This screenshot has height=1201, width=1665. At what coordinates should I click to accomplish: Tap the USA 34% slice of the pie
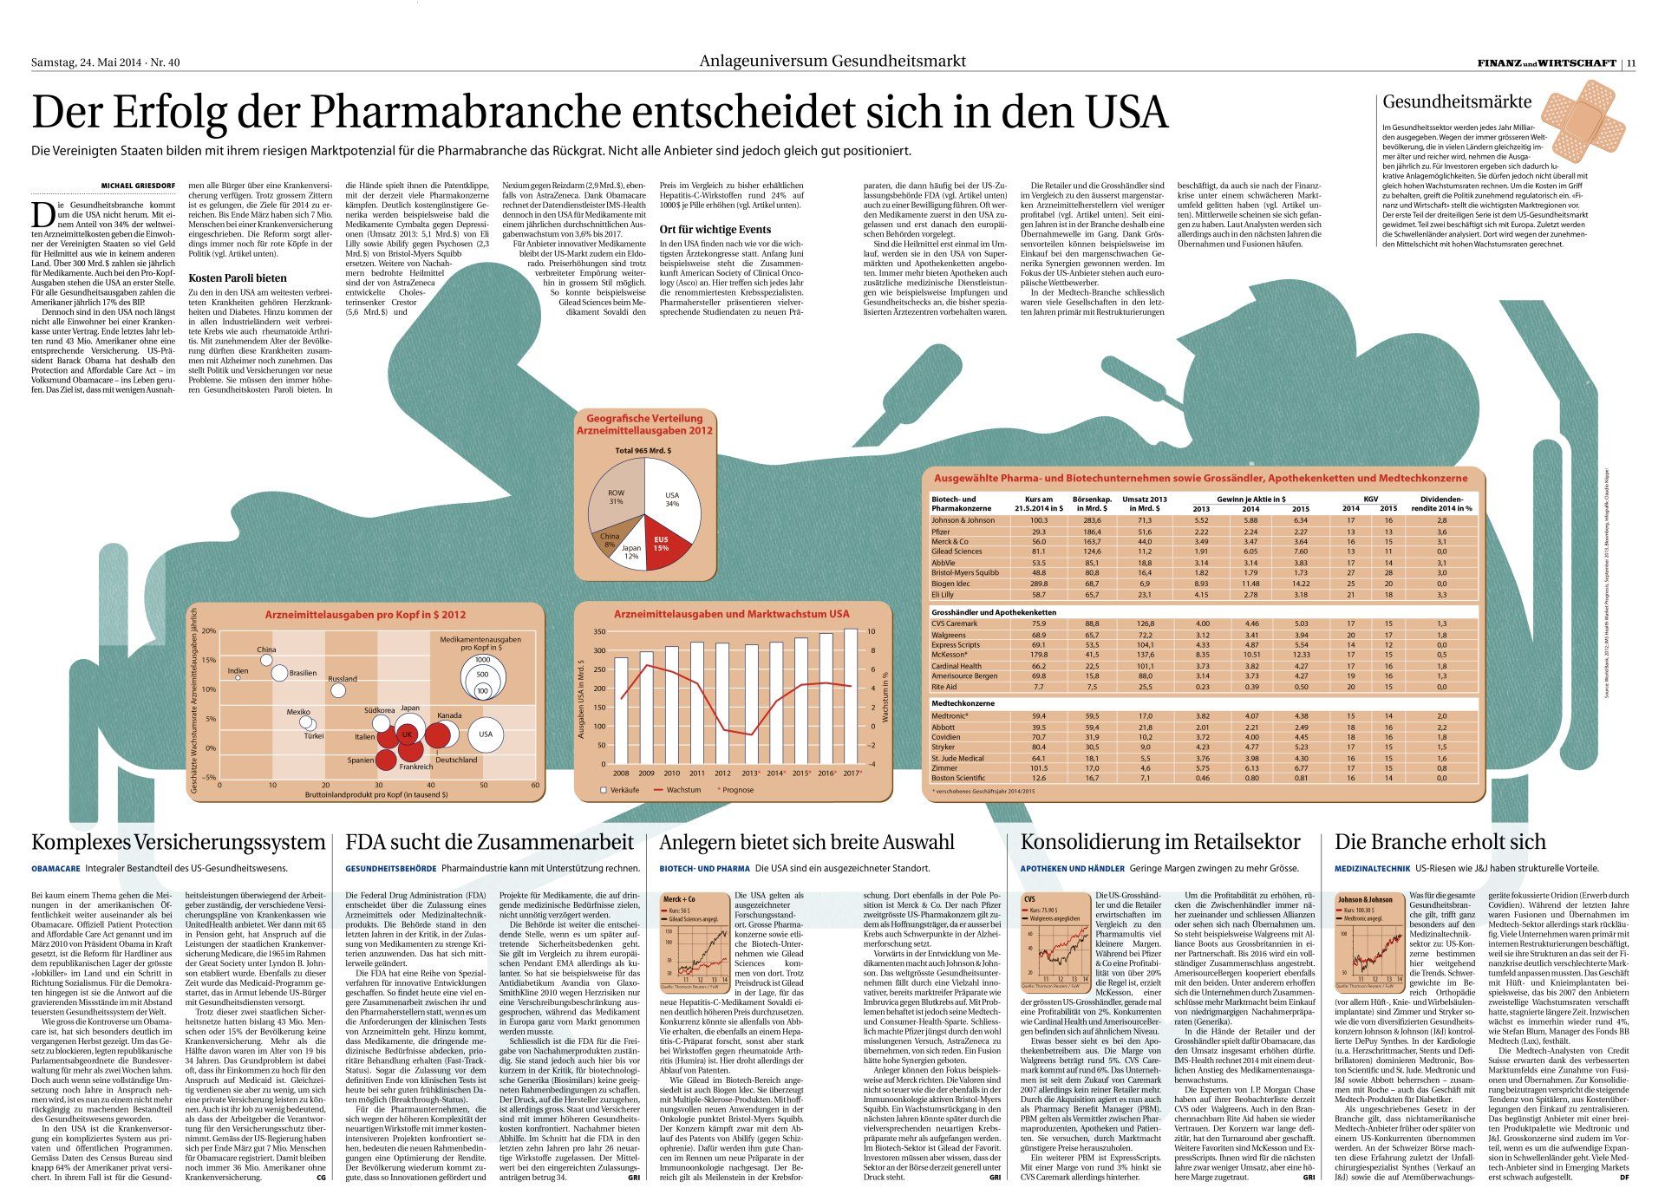pyautogui.click(x=674, y=499)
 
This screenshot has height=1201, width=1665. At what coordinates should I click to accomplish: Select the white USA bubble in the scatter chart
pyautogui.click(x=486, y=734)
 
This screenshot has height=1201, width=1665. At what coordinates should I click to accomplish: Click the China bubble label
pyautogui.click(x=266, y=649)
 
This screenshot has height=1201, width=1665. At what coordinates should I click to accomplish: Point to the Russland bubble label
pyautogui.click(x=343, y=679)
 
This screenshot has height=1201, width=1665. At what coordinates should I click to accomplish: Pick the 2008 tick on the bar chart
pyautogui.click(x=621, y=773)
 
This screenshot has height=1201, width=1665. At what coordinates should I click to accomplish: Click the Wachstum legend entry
pyautogui.click(x=683, y=790)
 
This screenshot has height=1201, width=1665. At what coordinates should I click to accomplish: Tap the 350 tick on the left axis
pyautogui.click(x=599, y=632)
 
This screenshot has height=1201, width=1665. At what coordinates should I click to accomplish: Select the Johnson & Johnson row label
pyautogui.click(x=963, y=520)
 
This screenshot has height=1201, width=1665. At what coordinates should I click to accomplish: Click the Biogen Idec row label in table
pyautogui.click(x=951, y=584)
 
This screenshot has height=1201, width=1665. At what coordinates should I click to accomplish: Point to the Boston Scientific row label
pyautogui.click(x=957, y=778)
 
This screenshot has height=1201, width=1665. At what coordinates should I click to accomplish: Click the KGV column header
pyautogui.click(x=1369, y=499)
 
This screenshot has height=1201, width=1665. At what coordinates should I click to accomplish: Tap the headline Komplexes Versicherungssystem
pyautogui.click(x=178, y=842)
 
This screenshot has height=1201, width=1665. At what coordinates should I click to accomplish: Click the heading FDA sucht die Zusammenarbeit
pyautogui.click(x=490, y=842)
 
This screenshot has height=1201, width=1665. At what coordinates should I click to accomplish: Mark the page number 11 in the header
pyautogui.click(x=1631, y=62)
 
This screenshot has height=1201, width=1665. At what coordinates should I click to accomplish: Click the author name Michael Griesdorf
pyautogui.click(x=138, y=186)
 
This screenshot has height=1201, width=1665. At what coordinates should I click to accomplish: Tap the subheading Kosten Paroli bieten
pyautogui.click(x=237, y=278)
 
